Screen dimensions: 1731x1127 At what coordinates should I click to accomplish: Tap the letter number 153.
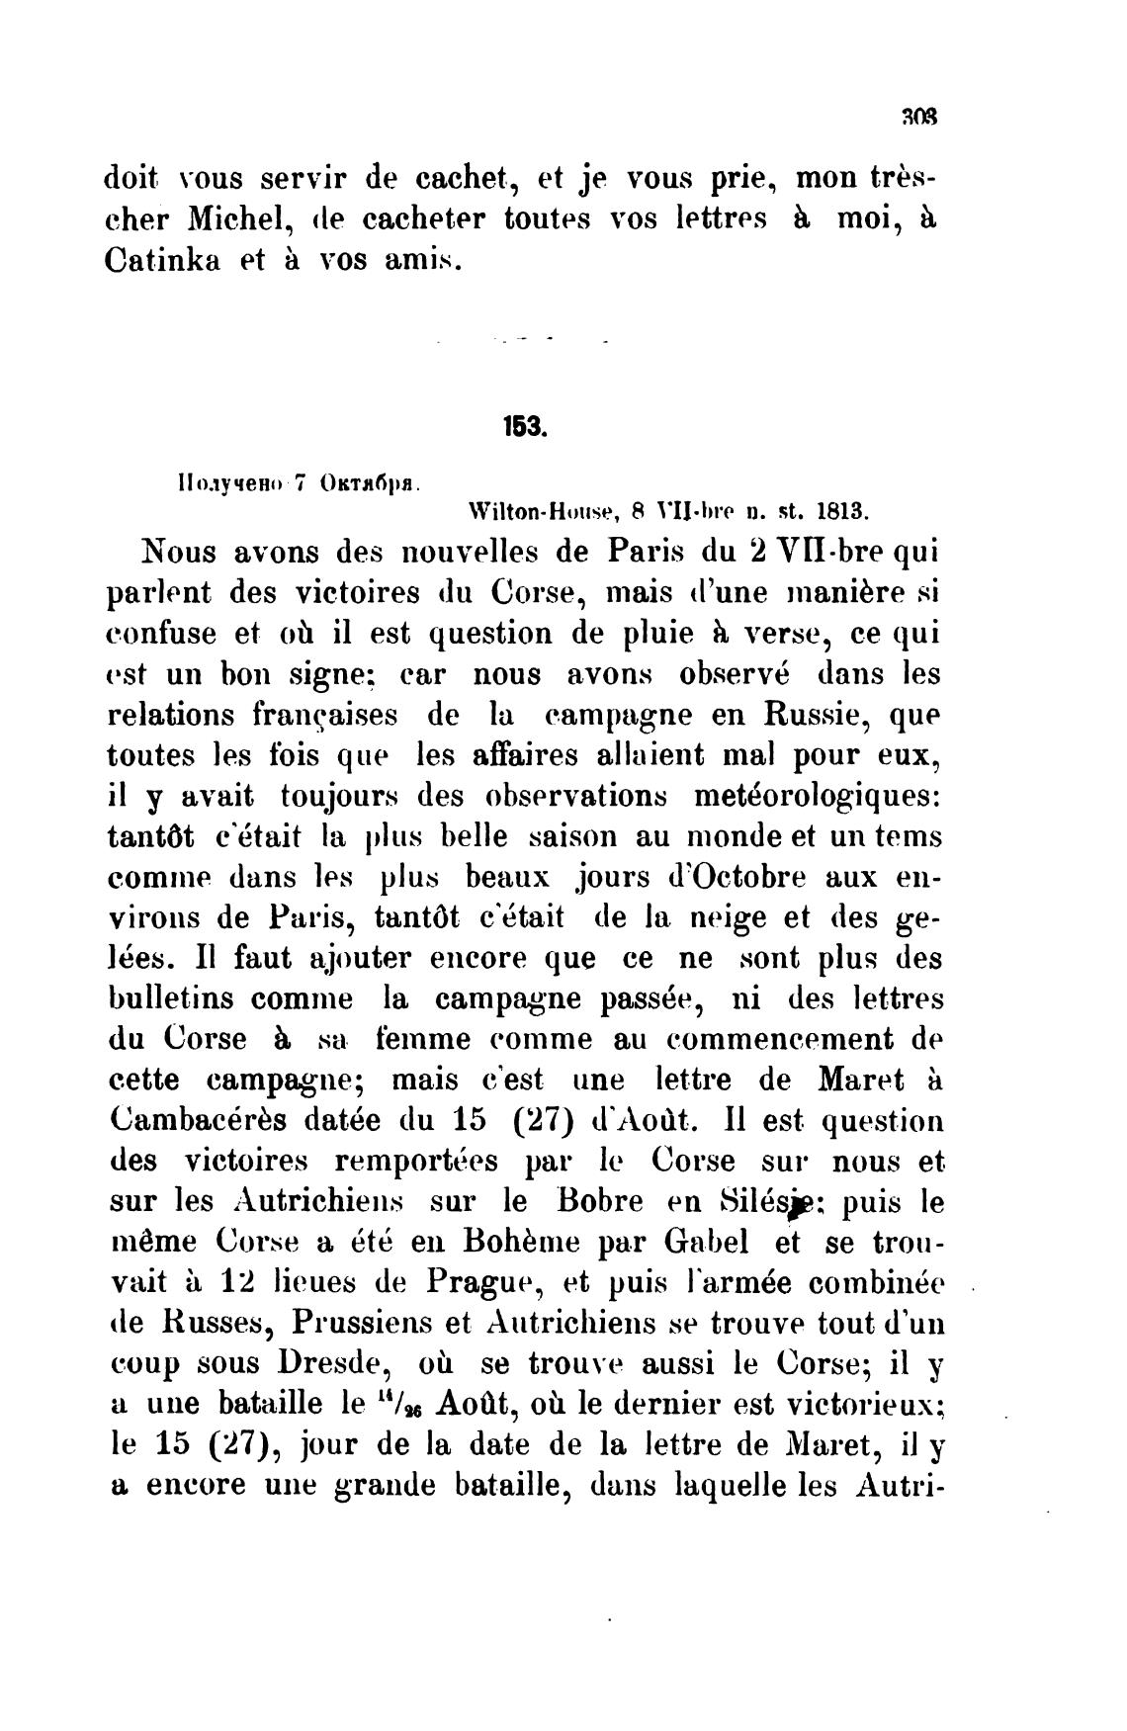tap(520, 428)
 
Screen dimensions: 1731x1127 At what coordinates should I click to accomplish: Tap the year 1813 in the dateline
tap(841, 513)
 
